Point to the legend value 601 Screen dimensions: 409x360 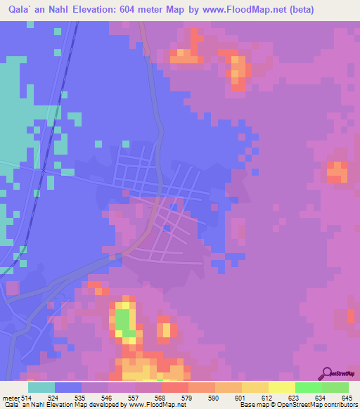(x=241, y=397)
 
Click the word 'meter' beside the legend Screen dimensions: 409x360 (x=11, y=397)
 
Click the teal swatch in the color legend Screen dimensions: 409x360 (x=41, y=387)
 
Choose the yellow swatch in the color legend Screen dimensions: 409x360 (x=281, y=387)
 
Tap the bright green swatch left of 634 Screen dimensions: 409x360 (x=308, y=387)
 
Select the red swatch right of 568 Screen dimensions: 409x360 (x=175, y=387)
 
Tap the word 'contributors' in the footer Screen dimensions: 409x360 (x=337, y=405)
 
